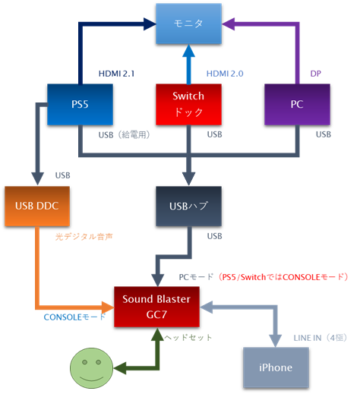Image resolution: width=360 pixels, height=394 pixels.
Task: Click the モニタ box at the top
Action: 188,24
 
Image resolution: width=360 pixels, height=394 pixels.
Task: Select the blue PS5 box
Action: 81,105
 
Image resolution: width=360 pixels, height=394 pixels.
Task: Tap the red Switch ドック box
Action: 188,105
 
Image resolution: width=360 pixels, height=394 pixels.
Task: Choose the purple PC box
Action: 297,105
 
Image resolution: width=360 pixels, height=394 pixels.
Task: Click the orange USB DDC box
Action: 36,206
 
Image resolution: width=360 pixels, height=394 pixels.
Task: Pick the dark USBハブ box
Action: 188,206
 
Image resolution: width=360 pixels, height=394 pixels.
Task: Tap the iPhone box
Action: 275,367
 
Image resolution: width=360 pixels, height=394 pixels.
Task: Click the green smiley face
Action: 90,367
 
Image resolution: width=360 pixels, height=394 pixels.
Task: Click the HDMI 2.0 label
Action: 226,74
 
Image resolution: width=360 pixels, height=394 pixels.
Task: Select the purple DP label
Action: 316,74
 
